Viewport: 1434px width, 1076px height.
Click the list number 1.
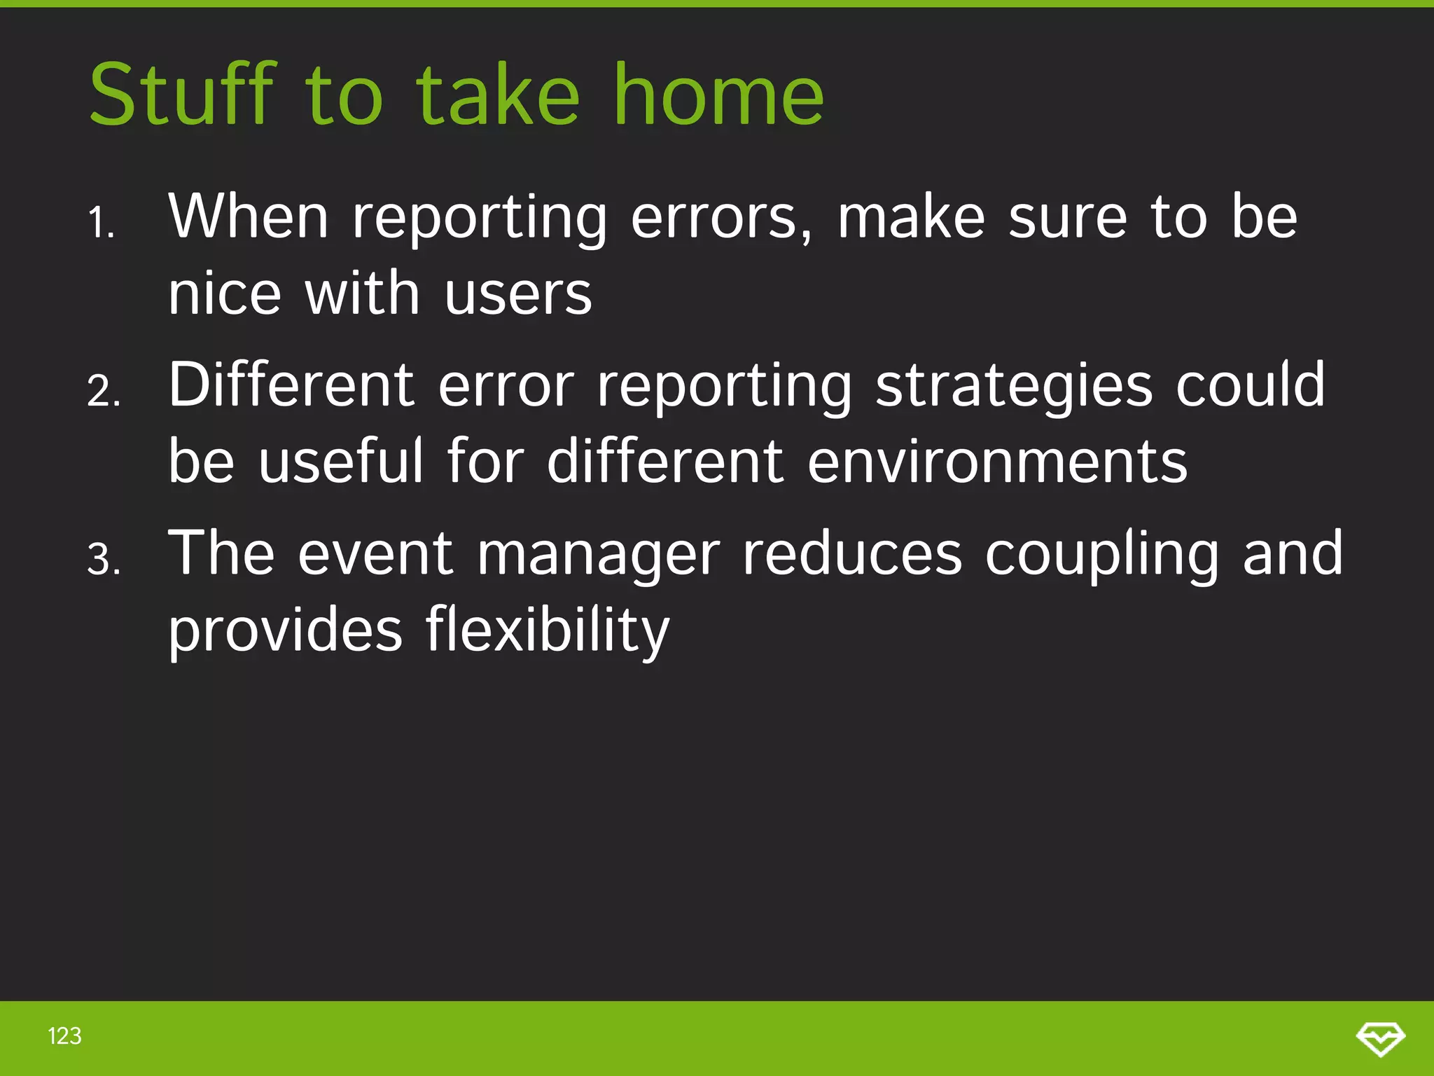pyautogui.click(x=102, y=223)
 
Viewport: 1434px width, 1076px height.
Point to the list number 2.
pyautogui.click(x=104, y=392)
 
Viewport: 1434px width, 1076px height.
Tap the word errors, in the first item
pyautogui.click(x=721, y=219)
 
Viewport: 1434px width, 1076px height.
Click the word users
pyautogui.click(x=518, y=294)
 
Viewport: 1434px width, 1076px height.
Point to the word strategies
pyautogui.click(x=1013, y=387)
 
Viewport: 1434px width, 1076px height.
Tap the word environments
pyautogui.click(x=998, y=462)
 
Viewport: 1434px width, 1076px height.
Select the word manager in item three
pyautogui.click(x=599, y=556)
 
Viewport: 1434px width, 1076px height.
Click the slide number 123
pyautogui.click(x=64, y=1036)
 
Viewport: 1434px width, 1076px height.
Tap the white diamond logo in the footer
pyautogui.click(x=1380, y=1038)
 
